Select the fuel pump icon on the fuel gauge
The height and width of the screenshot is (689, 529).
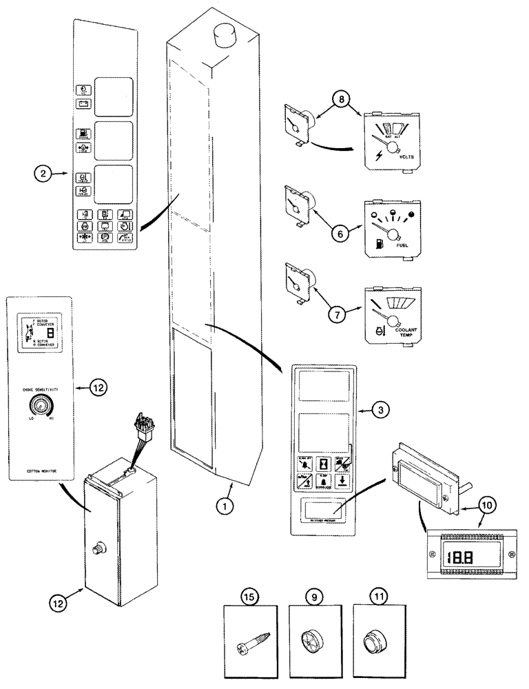point(380,243)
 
